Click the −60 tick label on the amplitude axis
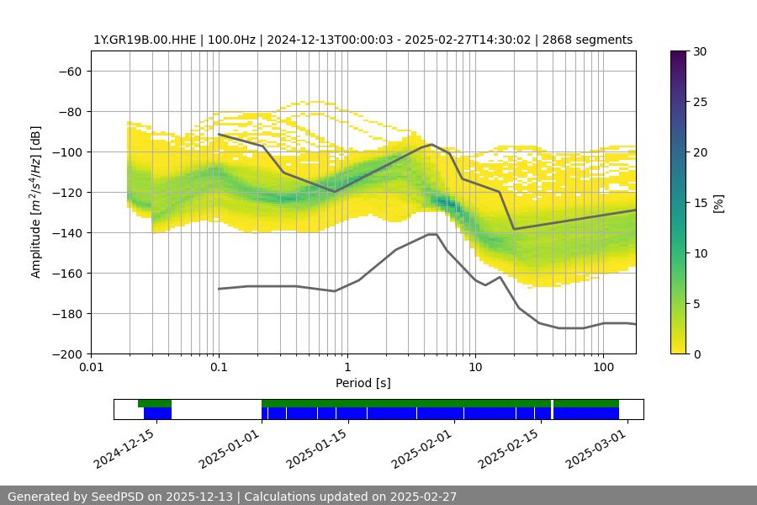[69, 71]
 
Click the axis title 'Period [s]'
[363, 383]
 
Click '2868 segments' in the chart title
[588, 40]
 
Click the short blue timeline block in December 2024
[157, 413]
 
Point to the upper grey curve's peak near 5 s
[431, 144]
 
